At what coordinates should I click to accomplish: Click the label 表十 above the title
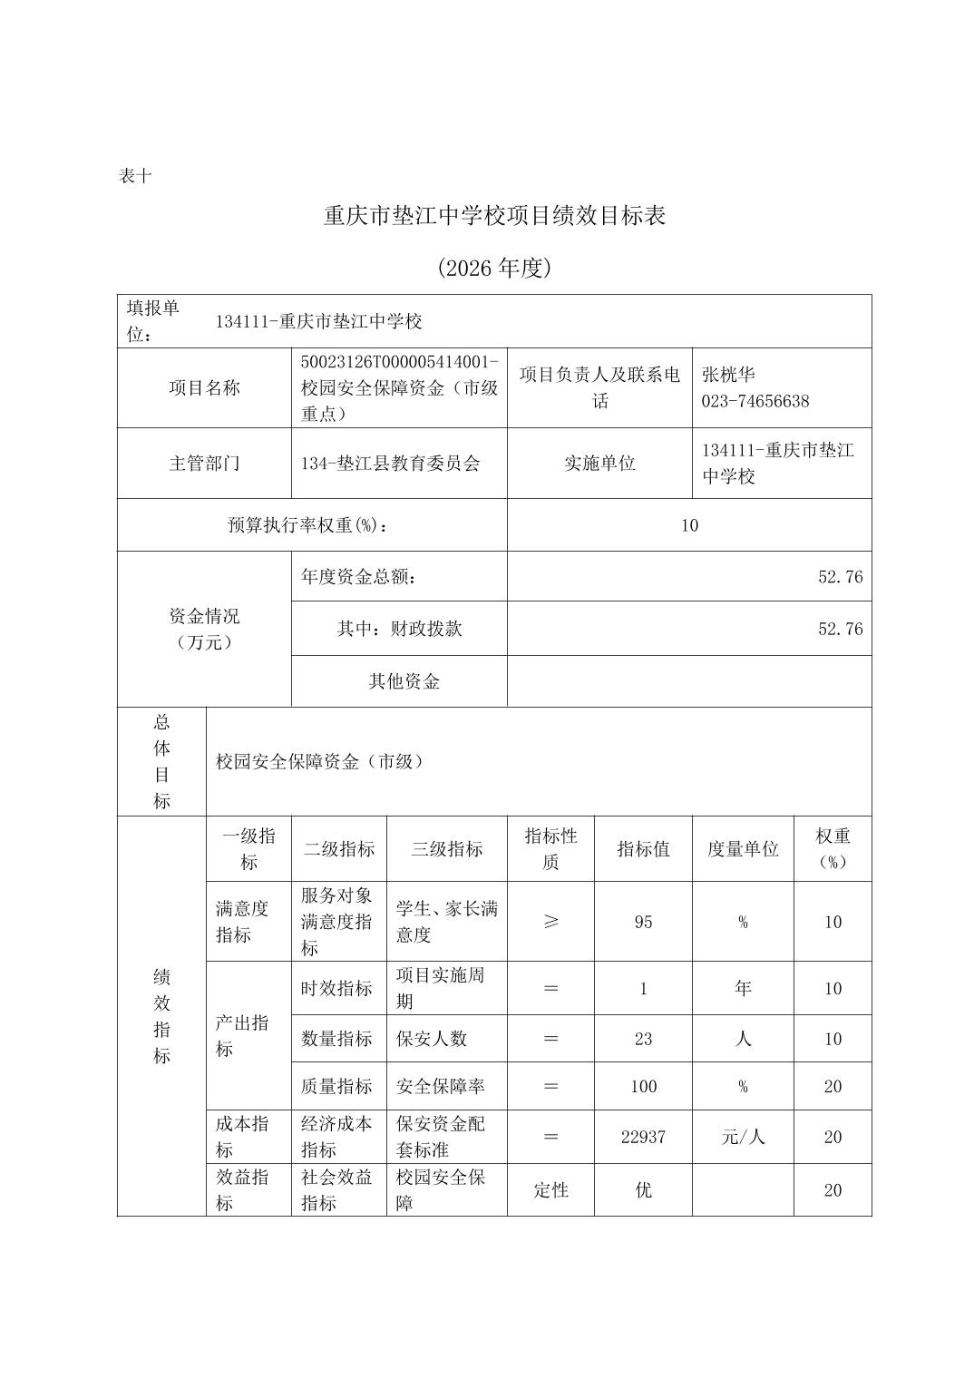click(x=135, y=177)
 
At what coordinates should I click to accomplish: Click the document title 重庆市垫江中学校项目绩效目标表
click(x=494, y=216)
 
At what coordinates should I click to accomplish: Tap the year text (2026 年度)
click(x=494, y=269)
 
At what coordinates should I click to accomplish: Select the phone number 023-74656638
click(x=755, y=401)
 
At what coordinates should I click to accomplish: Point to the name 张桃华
click(x=728, y=375)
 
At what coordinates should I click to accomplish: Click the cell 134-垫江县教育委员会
click(x=391, y=464)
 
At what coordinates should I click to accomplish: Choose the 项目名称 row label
click(x=204, y=388)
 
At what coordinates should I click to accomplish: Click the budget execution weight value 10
click(x=689, y=525)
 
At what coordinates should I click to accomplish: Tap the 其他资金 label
click(x=404, y=681)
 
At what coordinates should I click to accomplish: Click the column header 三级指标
click(x=446, y=849)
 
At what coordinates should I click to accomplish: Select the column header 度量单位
click(x=743, y=849)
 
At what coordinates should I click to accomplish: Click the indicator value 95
click(x=643, y=922)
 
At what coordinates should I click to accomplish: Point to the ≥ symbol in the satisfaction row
click(x=550, y=922)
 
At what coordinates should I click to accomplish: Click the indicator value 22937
click(x=643, y=1137)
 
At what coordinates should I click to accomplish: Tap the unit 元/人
click(x=743, y=1137)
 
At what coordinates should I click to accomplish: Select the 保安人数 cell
click(x=432, y=1039)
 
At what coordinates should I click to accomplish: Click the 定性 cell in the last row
click(x=550, y=1190)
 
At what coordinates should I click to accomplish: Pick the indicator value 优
click(x=643, y=1190)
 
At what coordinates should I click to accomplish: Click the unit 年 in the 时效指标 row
click(x=743, y=989)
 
